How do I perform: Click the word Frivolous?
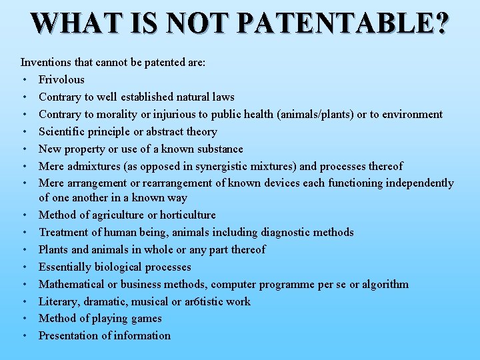61,79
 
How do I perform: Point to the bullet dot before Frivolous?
24,80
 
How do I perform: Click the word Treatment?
63,232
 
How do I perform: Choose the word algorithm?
383,284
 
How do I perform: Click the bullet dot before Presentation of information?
24,336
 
